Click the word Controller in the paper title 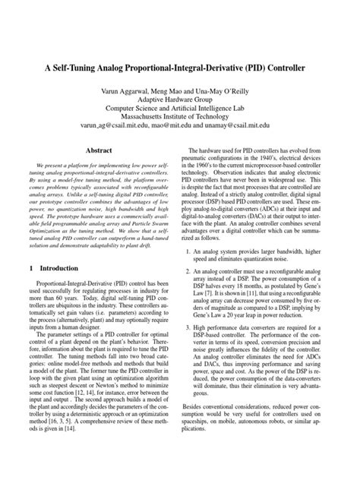coord(279,68)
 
